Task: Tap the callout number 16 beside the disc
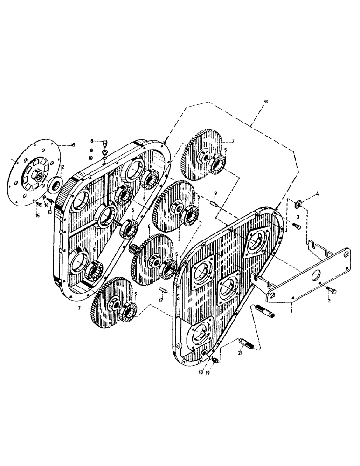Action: [72, 145]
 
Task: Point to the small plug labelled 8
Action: [105, 141]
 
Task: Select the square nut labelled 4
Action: [297, 203]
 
